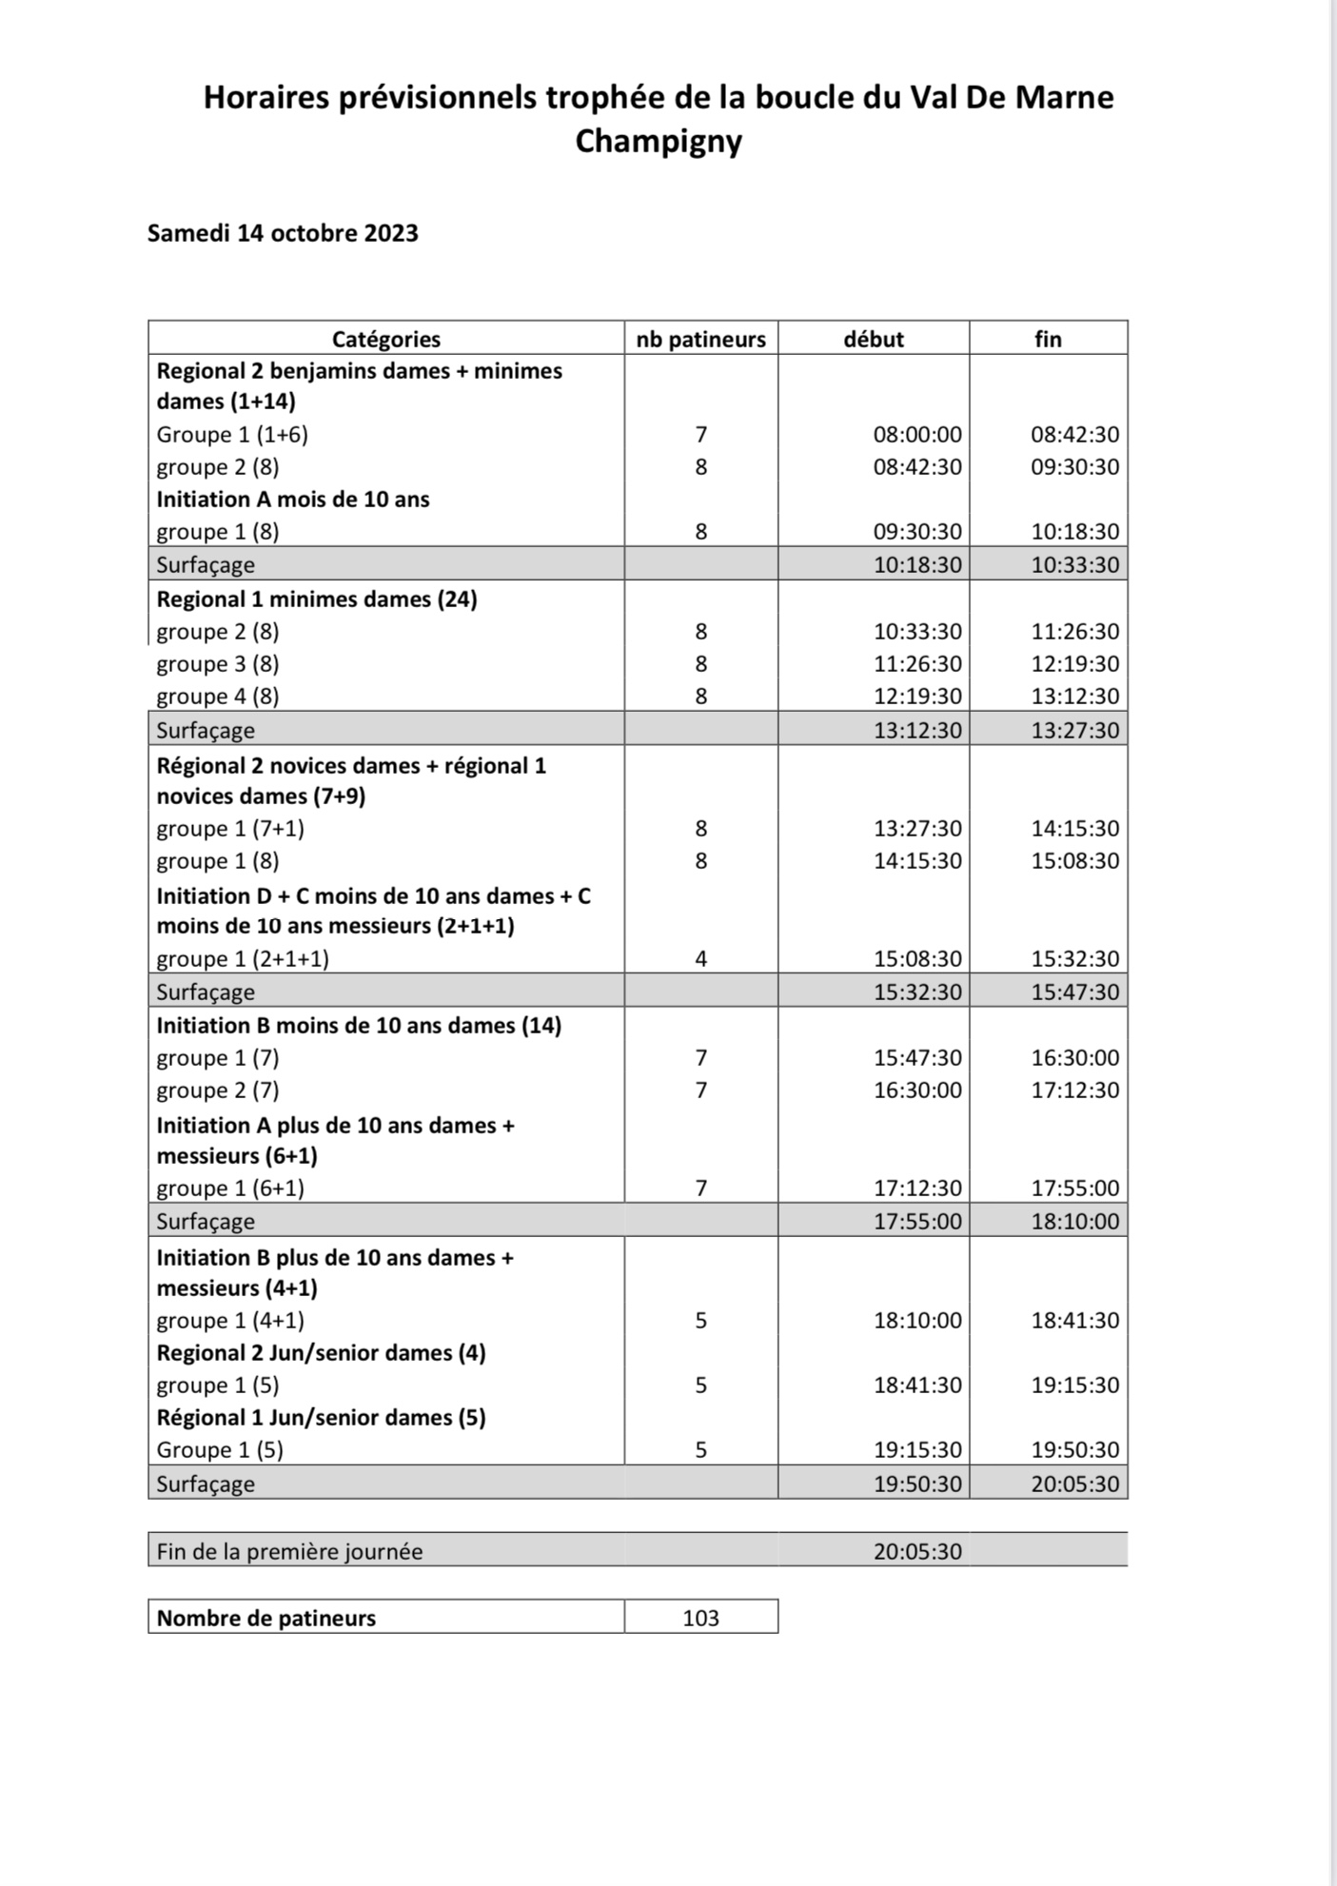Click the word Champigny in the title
659,142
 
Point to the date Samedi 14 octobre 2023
283,234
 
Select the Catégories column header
386,339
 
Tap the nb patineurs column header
701,339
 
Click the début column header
874,339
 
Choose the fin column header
1048,339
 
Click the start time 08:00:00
917,435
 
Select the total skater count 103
701,1618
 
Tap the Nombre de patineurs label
266,1618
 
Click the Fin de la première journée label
289,1551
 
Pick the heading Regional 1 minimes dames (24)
317,599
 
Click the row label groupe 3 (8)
218,664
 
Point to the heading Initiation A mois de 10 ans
293,500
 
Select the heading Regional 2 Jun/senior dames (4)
322,1353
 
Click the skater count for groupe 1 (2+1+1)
701,959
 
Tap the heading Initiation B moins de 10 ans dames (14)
359,1026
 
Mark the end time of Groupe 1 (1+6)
1075,435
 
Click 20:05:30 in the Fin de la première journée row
917,1551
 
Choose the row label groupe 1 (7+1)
230,829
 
